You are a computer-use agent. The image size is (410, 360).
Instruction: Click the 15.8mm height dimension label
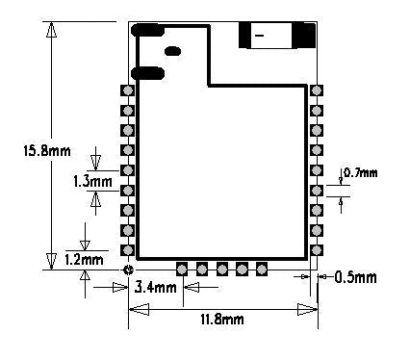click(47, 150)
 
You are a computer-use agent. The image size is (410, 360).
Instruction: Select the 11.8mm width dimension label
click(222, 320)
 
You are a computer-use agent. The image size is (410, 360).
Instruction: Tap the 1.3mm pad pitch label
click(93, 182)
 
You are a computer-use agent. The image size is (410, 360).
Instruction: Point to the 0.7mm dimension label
click(360, 173)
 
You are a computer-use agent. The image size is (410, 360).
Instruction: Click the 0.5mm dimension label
click(355, 277)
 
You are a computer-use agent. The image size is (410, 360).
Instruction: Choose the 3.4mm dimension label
click(155, 287)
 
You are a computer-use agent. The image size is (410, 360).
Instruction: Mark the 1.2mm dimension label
click(84, 259)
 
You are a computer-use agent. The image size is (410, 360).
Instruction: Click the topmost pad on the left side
click(128, 90)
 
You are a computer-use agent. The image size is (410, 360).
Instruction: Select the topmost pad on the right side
click(317, 90)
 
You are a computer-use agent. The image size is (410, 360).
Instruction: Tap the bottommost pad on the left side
click(128, 249)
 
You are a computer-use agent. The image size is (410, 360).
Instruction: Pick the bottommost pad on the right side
click(317, 249)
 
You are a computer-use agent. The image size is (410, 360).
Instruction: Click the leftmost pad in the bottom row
click(182, 269)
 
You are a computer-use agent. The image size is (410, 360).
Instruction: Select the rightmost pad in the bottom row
click(262, 269)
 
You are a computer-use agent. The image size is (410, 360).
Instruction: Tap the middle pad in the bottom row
click(222, 269)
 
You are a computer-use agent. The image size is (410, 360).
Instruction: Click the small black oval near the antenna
click(172, 51)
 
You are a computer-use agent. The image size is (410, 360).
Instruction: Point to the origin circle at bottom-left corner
click(128, 270)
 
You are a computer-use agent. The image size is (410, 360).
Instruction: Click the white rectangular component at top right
click(269, 36)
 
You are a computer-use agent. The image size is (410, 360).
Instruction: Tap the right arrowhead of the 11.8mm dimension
click(307, 310)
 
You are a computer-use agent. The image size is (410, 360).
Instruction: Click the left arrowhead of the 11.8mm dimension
click(139, 310)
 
